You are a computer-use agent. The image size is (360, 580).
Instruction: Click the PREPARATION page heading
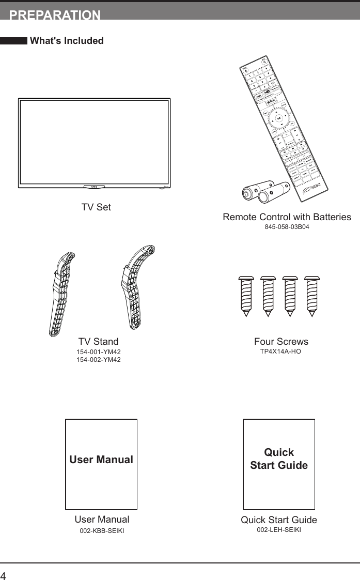[x=55, y=15]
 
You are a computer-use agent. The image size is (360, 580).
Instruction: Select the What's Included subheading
[x=67, y=41]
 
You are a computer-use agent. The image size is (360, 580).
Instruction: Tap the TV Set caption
[x=96, y=207]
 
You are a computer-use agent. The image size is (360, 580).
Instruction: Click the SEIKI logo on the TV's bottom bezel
[x=94, y=187]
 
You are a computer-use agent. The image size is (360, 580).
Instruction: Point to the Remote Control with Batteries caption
[x=287, y=217]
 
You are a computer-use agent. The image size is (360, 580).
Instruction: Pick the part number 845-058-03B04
[x=287, y=227]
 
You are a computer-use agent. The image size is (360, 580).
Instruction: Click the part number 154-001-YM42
[x=98, y=352]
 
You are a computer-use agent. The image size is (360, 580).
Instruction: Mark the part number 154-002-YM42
[x=98, y=360]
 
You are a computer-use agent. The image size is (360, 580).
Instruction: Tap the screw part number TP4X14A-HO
[x=280, y=352]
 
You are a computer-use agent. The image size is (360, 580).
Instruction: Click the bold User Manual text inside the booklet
[x=101, y=460]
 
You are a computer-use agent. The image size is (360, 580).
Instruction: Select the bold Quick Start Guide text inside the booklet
[x=279, y=459]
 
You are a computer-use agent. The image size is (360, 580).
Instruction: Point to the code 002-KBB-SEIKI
[x=102, y=531]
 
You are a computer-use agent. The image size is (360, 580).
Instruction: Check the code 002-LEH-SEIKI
[x=279, y=530]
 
